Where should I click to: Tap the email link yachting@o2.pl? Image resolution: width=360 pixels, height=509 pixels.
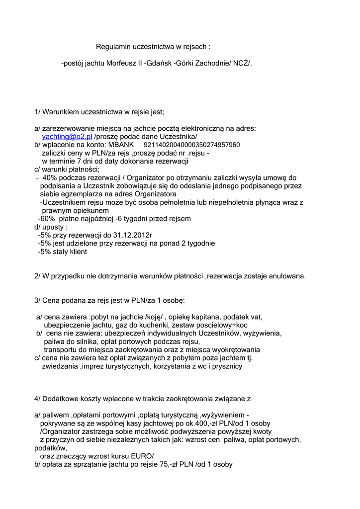67,136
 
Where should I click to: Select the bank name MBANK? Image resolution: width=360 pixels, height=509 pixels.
121,145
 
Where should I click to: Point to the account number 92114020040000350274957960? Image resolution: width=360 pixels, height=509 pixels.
191,145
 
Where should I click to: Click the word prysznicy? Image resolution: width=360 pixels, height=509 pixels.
225,366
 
